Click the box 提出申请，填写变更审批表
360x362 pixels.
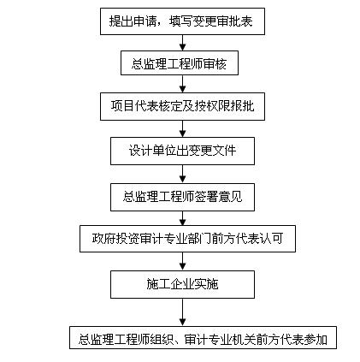[182, 21]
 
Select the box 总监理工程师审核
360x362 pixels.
[180, 63]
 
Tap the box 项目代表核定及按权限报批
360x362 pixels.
[182, 106]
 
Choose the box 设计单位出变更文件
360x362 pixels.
[182, 151]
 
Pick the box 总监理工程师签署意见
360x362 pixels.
[182, 197]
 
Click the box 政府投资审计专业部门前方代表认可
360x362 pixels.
[187, 239]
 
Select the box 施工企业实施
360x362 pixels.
[182, 284]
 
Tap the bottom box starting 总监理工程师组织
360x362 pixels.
[203, 338]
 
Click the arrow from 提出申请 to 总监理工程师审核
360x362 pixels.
[183, 43]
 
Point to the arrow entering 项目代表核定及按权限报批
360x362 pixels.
[183, 84]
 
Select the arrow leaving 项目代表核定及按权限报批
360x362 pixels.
[183, 128]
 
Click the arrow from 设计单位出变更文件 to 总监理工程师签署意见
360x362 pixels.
[183, 174]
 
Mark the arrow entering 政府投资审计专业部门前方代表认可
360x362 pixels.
[183, 218]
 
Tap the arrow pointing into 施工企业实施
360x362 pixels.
[183, 261]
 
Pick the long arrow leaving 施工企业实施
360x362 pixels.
[183, 312]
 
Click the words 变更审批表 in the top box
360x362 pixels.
[223, 21]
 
